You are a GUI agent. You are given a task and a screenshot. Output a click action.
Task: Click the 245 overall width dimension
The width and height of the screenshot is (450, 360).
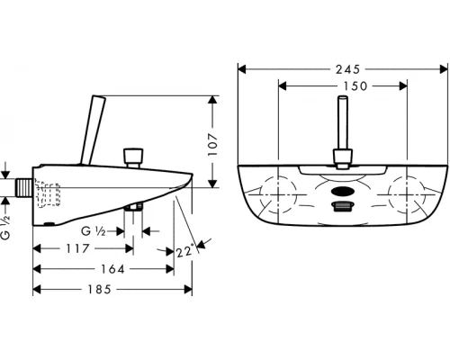click(x=341, y=68)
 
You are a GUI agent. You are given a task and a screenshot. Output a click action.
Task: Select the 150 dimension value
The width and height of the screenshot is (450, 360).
click(x=342, y=86)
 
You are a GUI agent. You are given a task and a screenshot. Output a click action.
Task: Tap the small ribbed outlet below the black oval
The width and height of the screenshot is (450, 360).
click(x=342, y=208)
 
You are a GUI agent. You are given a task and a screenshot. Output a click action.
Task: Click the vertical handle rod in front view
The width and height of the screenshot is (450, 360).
click(x=342, y=131)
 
